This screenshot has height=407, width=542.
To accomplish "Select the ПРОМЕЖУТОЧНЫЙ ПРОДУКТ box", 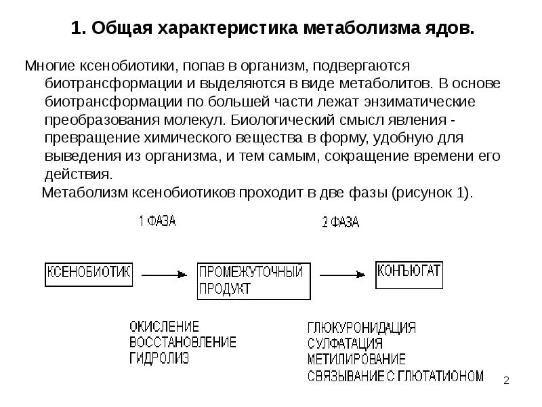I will point(253,281).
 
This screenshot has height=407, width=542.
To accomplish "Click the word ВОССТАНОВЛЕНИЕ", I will point(183,341).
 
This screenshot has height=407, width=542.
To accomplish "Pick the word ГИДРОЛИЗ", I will point(159,357).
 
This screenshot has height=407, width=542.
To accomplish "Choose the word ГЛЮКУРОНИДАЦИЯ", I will point(361,328).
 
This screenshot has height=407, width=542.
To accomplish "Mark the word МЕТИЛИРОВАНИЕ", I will point(356,359).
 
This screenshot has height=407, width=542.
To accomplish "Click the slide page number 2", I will point(506,382).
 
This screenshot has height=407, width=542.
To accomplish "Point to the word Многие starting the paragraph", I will point(49,66).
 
